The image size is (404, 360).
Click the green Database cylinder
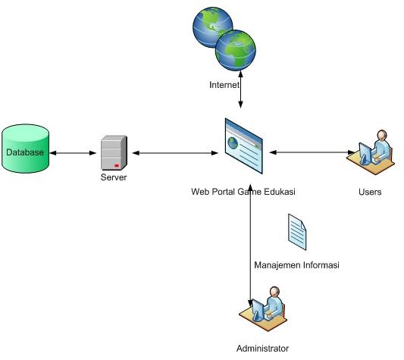pyautogui.click(x=25, y=152)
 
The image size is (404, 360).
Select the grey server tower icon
pyautogui.click(x=114, y=152)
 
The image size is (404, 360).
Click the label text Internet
pyautogui.click(x=224, y=85)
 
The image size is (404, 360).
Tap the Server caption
pyautogui.click(x=114, y=177)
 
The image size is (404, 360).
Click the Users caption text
pyautogui.click(x=370, y=192)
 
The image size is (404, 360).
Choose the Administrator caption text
pyautogui.click(x=262, y=349)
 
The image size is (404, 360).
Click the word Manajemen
pyautogui.click(x=277, y=265)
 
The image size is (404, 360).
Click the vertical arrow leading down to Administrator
pyautogui.click(x=250, y=250)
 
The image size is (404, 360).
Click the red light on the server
pyautogui.click(x=116, y=165)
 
